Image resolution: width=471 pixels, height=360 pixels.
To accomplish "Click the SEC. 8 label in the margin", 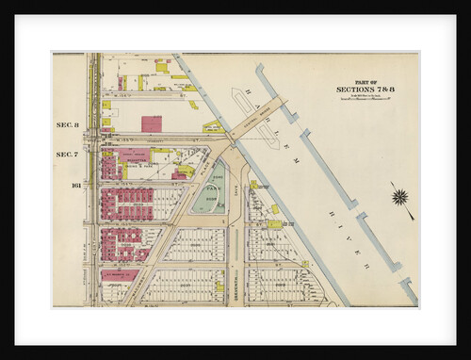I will (x=67, y=124).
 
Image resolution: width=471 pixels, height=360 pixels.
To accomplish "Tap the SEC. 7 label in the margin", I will (x=67, y=154).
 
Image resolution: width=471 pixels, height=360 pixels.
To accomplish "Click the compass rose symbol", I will (x=400, y=197).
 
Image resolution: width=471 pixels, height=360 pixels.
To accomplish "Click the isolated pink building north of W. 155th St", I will (x=151, y=123).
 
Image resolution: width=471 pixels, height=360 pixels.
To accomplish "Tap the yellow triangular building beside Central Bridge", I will (x=212, y=126).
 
